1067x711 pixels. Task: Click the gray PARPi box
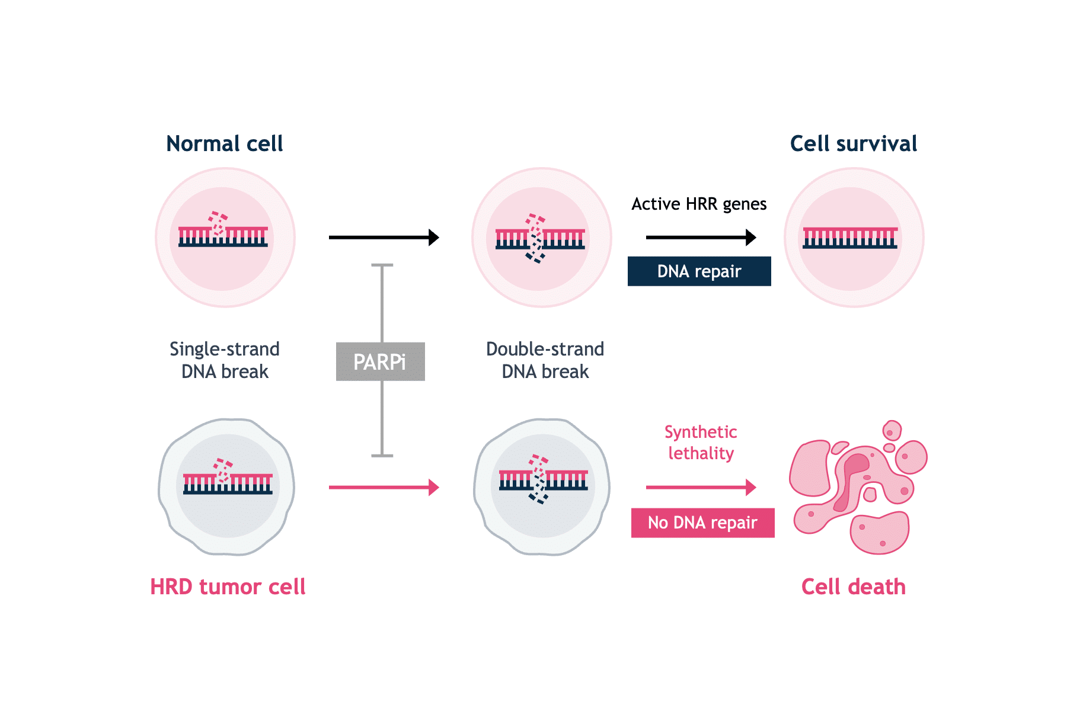click(380, 361)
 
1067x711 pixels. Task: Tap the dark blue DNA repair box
click(699, 271)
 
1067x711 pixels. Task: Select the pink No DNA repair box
click(702, 523)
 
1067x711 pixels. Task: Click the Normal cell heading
click(225, 143)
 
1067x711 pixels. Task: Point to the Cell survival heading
click(853, 143)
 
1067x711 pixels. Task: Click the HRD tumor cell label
click(228, 587)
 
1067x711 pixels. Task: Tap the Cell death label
click(853, 587)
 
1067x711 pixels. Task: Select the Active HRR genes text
click(699, 204)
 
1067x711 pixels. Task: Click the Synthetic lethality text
click(701, 443)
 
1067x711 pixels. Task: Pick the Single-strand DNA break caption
click(225, 360)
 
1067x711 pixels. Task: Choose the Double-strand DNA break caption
click(545, 360)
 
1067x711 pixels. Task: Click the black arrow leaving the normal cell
click(384, 238)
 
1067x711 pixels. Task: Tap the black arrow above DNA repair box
click(701, 238)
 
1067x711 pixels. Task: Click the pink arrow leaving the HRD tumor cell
click(384, 488)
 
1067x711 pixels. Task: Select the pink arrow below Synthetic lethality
click(701, 488)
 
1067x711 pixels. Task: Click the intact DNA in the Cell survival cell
click(850, 238)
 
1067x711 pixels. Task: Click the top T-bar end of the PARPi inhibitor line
click(382, 265)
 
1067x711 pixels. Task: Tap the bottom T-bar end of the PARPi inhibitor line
click(382, 456)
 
